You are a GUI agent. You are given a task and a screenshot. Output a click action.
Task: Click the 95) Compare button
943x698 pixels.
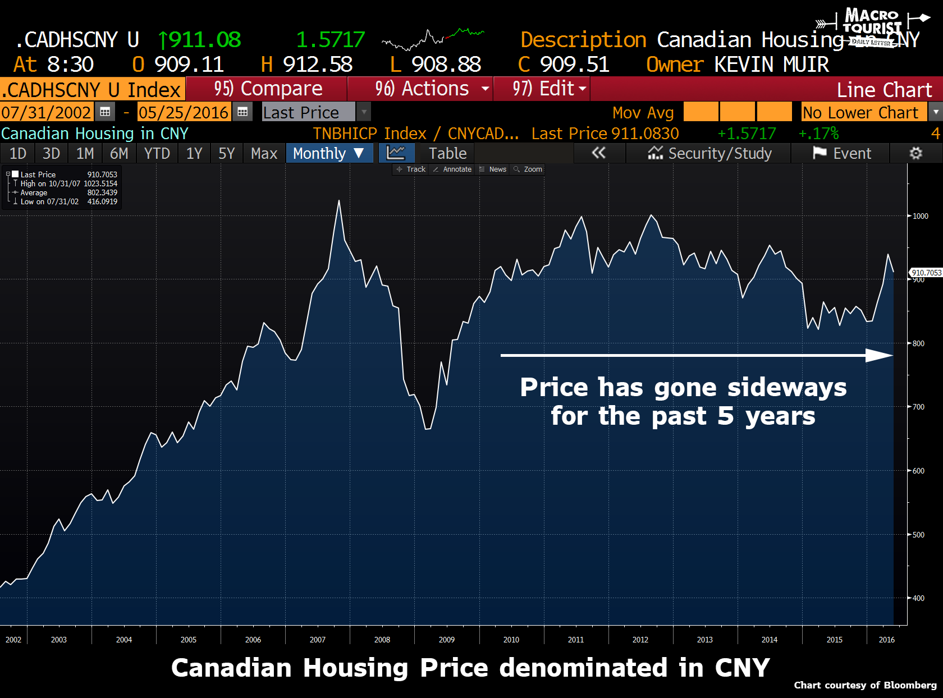coord(268,89)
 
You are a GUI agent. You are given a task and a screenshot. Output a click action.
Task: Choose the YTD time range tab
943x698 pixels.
coord(157,153)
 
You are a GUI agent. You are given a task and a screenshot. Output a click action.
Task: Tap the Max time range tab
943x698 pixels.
coord(264,153)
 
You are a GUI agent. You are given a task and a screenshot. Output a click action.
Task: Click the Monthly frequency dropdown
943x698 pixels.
coord(329,153)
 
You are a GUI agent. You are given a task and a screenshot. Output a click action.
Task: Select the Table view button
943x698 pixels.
coord(447,153)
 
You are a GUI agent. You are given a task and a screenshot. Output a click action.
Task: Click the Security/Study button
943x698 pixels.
coord(710,153)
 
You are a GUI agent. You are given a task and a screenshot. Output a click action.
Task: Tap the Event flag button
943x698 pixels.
coord(842,153)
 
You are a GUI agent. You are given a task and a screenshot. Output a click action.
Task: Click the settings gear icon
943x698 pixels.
coord(915,153)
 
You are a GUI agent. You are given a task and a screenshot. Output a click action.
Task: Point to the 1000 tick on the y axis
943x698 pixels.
coord(920,216)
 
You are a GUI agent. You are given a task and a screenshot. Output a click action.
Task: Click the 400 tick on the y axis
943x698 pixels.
coord(918,598)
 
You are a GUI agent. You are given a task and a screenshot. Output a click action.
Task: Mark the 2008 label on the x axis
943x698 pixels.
coord(382,640)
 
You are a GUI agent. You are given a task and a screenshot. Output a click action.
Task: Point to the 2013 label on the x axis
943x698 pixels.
coord(704,640)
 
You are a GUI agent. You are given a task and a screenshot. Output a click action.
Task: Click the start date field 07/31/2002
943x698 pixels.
coord(46,112)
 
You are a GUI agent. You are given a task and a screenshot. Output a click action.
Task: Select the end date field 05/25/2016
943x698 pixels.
coord(184,112)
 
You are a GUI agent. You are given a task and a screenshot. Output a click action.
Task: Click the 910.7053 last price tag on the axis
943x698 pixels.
coord(926,273)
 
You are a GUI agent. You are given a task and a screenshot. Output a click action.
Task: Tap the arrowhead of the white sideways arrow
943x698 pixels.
coord(880,355)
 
